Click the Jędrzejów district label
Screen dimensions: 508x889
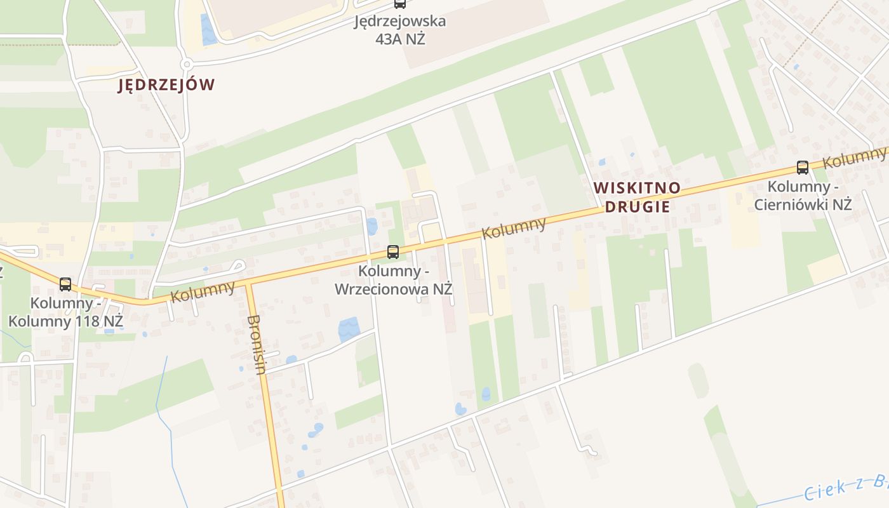166,85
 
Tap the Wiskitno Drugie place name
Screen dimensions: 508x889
637,197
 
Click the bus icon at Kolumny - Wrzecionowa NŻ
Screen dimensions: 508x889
393,252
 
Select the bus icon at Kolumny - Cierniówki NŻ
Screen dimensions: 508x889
803,168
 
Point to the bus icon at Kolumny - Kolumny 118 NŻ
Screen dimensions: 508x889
65,284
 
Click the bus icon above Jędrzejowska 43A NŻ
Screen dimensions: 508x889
399,3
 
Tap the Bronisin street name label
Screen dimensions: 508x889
256,344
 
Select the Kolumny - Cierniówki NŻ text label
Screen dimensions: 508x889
803,196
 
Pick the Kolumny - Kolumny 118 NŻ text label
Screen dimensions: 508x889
65,312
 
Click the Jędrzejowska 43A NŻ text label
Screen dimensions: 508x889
399,29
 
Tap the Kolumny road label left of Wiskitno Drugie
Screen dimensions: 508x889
514,228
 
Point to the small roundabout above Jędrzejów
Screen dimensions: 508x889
187,64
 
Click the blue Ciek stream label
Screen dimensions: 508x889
845,486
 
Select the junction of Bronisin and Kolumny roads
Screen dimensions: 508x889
248,283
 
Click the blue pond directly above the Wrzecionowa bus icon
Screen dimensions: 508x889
371,226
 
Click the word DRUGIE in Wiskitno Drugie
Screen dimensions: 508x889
637,206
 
